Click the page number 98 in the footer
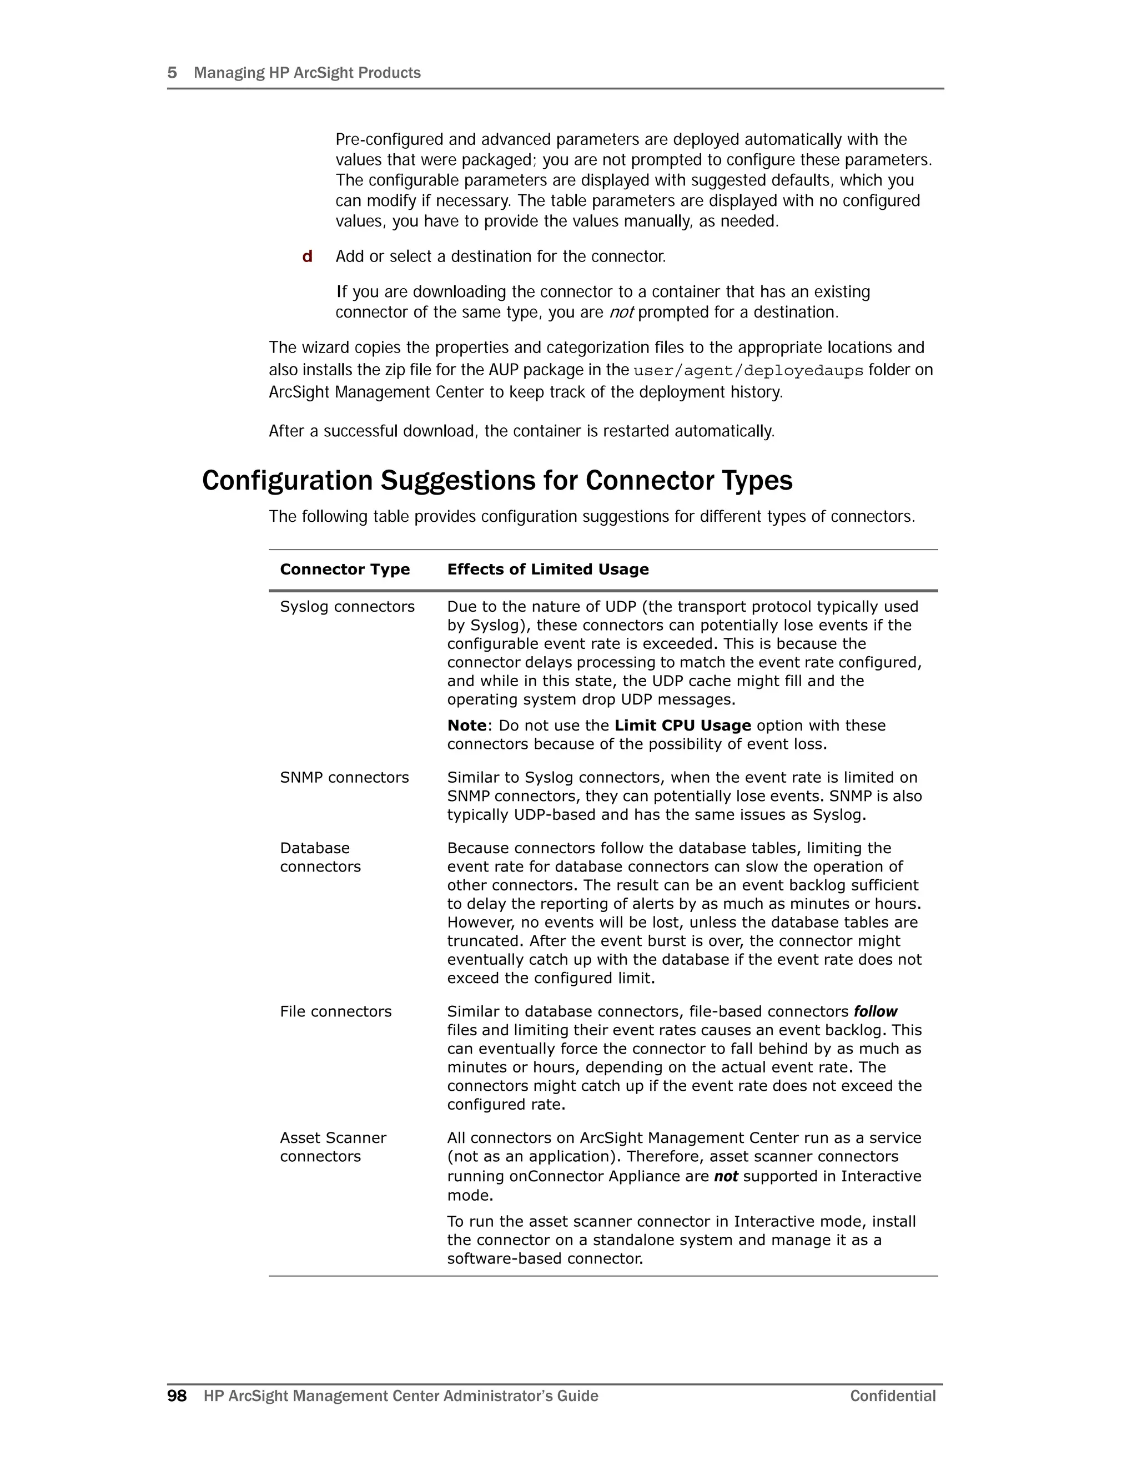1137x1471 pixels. (x=177, y=1396)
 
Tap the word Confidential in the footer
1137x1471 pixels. (x=893, y=1396)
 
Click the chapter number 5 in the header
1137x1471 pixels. (x=172, y=73)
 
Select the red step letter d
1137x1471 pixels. (x=307, y=256)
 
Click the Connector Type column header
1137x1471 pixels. (x=344, y=569)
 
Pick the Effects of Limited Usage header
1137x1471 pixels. (x=547, y=569)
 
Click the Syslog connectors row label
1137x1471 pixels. (x=347, y=606)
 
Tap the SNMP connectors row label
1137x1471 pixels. (x=344, y=777)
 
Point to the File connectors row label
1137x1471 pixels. (x=335, y=1011)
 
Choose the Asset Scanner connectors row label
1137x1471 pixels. (x=333, y=1147)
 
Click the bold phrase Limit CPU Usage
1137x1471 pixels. (x=682, y=726)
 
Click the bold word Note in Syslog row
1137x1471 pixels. (x=467, y=726)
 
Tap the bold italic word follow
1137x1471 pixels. (x=875, y=1011)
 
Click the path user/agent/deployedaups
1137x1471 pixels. (x=748, y=370)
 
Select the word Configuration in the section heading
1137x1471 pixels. (x=287, y=480)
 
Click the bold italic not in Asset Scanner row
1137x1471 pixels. (x=726, y=1176)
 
